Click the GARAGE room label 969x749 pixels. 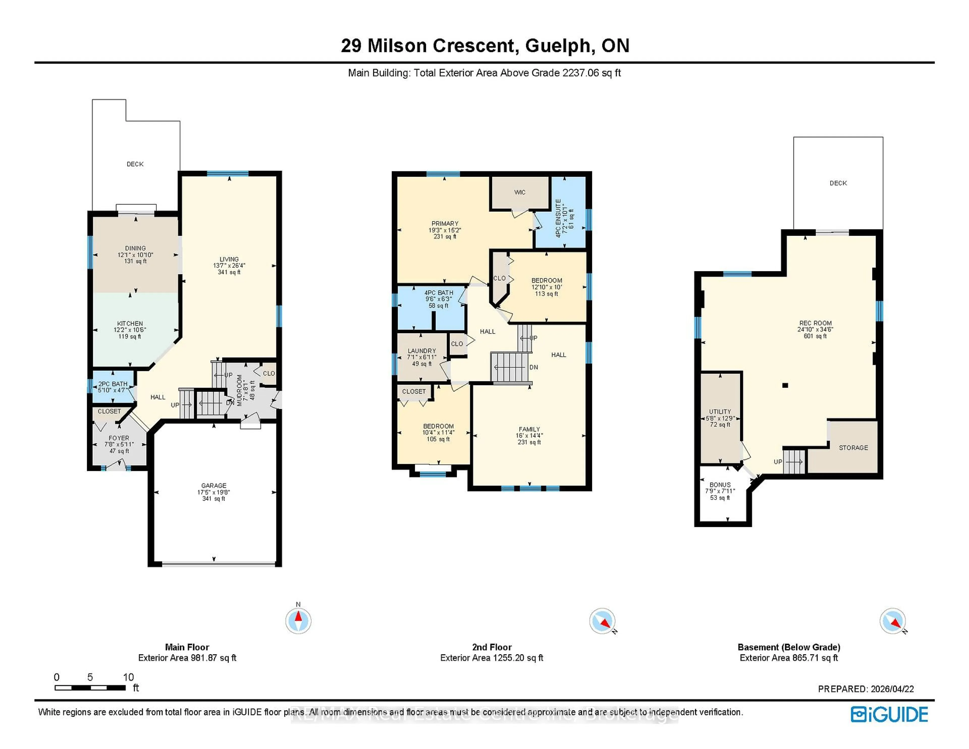[x=213, y=486]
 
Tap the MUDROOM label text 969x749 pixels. [x=239, y=390]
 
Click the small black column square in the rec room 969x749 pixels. [x=785, y=385]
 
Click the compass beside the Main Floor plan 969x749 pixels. [x=298, y=620]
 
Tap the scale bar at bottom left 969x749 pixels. [x=90, y=688]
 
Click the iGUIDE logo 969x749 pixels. [x=889, y=714]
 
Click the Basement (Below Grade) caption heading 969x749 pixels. [x=788, y=647]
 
